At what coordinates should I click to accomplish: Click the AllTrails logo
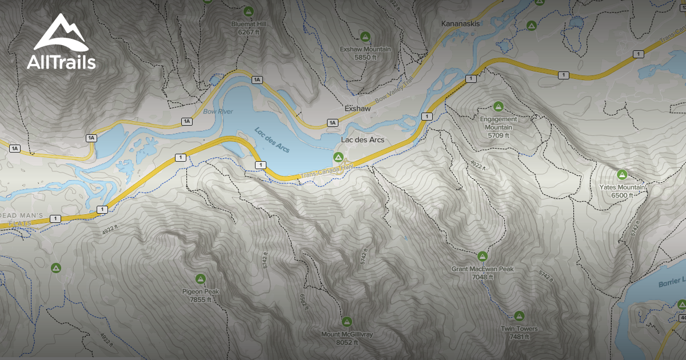coord(61,43)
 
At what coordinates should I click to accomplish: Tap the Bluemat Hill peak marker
coord(248,11)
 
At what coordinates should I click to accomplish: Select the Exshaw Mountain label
coord(365,49)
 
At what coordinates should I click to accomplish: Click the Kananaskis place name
coord(460,24)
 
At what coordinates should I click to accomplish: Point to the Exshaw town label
coord(358,108)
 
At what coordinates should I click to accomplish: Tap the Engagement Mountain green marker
coord(498,106)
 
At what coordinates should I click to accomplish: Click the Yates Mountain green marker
coord(622,174)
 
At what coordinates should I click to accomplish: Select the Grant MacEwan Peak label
coord(482,269)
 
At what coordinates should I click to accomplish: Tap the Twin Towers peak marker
coord(519,315)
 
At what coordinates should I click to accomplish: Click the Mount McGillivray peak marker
coord(346,321)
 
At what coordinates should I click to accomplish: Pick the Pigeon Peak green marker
coord(200,278)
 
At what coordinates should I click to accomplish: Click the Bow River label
coord(218,111)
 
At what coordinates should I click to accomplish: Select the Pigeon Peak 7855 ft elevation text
coord(201,299)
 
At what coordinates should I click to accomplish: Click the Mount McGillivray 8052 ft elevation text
coord(346,342)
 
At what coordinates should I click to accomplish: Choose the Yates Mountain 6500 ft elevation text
coord(622,195)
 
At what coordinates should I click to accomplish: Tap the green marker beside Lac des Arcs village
coord(338,157)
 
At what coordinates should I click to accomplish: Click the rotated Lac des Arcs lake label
coord(272,140)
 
